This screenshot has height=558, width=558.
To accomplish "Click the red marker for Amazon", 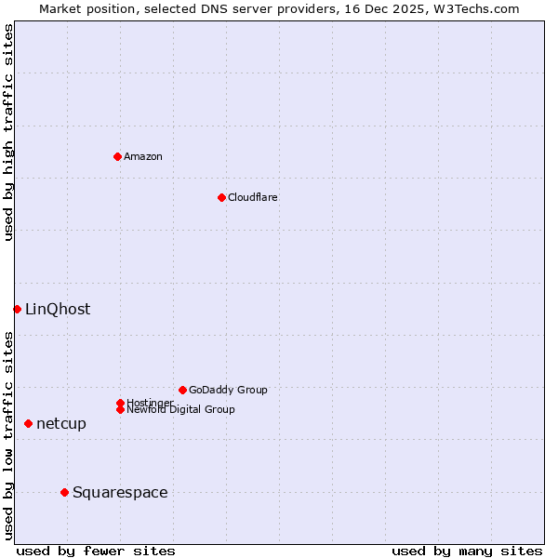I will (x=117, y=156).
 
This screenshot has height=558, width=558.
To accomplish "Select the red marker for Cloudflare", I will (x=221, y=197).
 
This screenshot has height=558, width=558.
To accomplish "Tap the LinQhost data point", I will (x=17, y=309).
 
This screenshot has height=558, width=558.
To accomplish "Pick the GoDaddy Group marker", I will (x=182, y=390).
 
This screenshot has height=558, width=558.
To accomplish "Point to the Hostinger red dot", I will (x=120, y=403).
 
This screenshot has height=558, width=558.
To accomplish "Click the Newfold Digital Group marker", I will (x=120, y=409).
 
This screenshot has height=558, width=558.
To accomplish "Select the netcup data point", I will (x=28, y=423).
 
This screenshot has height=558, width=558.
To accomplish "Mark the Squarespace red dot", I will (x=64, y=492).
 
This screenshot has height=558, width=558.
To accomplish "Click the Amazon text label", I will (x=143, y=156).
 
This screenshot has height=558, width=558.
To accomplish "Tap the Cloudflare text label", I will (x=252, y=197).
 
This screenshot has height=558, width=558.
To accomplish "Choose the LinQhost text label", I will (x=58, y=310).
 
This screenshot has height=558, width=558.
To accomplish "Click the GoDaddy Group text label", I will (x=228, y=390).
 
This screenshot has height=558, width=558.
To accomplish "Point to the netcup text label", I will (x=61, y=424).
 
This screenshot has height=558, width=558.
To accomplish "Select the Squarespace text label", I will (x=120, y=493).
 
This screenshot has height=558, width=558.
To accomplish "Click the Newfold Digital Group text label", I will (x=181, y=410).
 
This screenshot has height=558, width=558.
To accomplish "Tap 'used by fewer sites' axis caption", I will (x=96, y=551).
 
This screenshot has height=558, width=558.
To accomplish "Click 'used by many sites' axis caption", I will (x=467, y=551).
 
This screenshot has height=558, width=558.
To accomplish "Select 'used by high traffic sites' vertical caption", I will (x=8, y=132).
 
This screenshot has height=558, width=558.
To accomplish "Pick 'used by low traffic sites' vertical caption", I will (x=8, y=435).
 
